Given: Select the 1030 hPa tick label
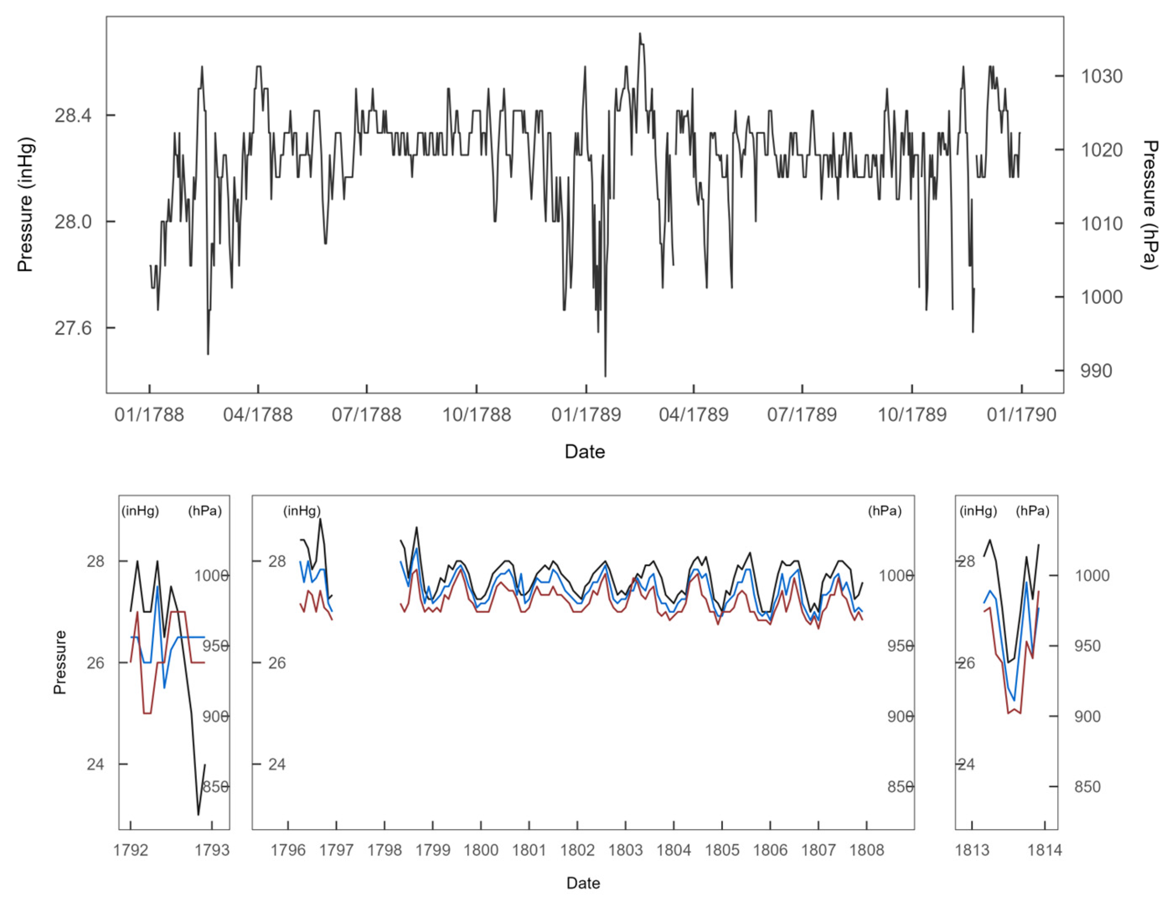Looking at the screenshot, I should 1101,76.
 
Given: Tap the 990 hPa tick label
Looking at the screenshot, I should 1096,371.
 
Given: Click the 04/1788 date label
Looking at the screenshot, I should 258,415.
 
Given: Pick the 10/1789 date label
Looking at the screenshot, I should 912,415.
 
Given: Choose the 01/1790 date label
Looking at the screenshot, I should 1021,415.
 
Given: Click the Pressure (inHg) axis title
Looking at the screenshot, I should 25,204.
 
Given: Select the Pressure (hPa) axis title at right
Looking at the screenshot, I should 1149,204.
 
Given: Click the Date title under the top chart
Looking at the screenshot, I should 585,451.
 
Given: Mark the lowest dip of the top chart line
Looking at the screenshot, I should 605,376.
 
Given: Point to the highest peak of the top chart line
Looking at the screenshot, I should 640,34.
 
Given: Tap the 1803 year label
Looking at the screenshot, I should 625,850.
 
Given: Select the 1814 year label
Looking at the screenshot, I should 1045,850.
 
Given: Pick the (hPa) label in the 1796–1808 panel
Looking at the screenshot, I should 885,511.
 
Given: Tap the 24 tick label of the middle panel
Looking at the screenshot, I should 277,764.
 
